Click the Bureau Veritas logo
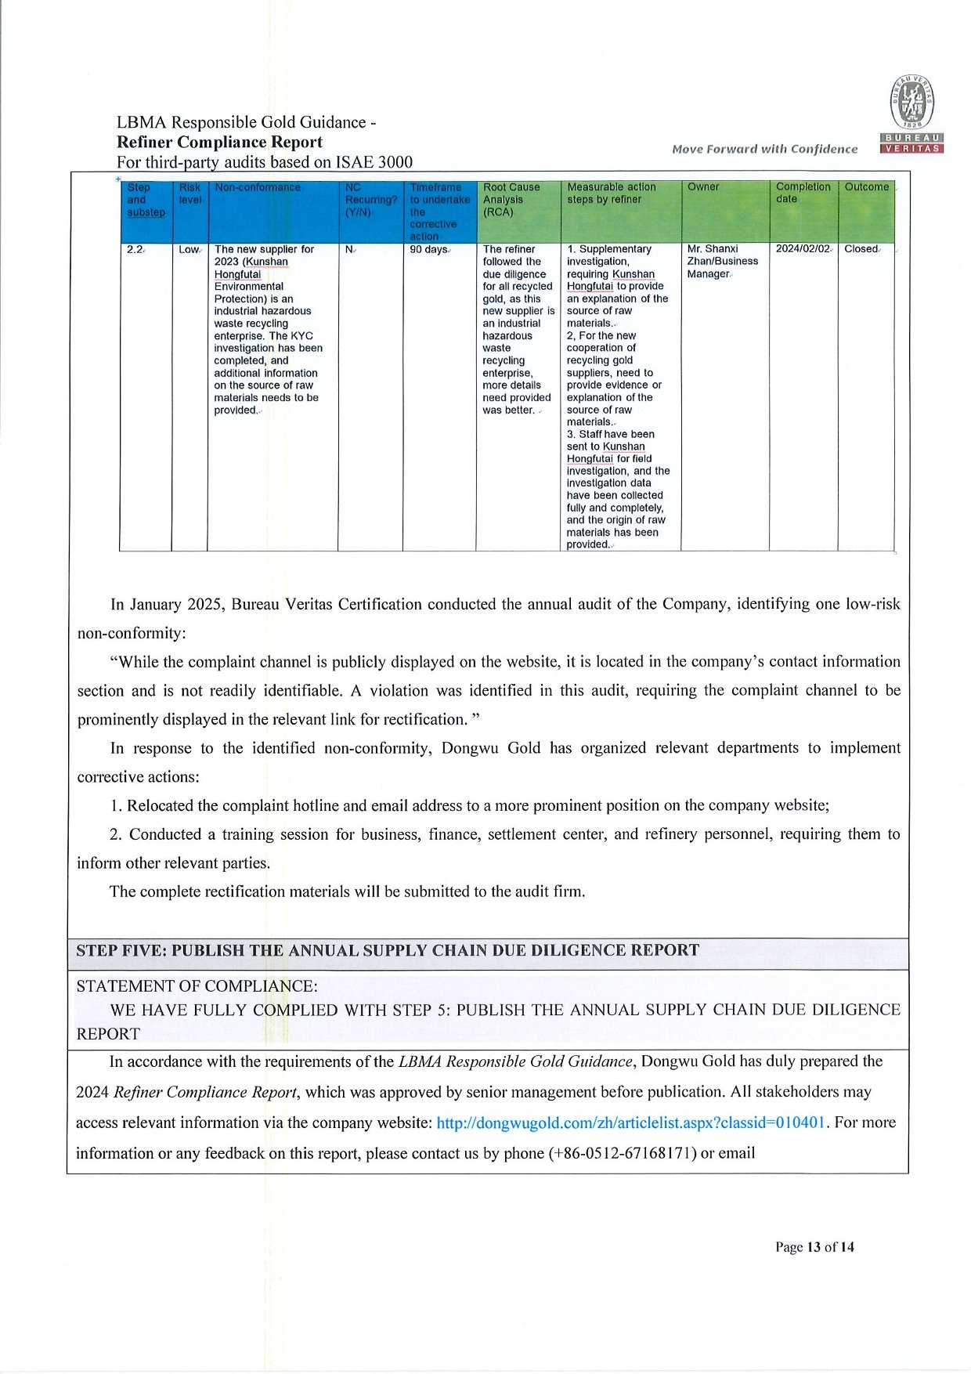[912, 114]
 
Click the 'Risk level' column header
[190, 193]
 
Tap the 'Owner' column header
[703, 187]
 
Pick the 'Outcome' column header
[866, 187]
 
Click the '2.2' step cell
[135, 250]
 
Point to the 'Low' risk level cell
[189, 250]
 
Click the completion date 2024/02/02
[803, 249]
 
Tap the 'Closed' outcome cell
[861, 249]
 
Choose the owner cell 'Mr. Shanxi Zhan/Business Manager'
[722, 262]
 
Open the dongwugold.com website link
[630, 1123]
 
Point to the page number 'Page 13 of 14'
[814, 1247]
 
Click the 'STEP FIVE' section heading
[387, 951]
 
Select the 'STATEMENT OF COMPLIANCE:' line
[197, 986]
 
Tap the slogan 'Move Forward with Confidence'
[764, 149]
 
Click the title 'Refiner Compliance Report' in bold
[219, 143]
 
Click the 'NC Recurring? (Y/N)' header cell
[370, 200]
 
